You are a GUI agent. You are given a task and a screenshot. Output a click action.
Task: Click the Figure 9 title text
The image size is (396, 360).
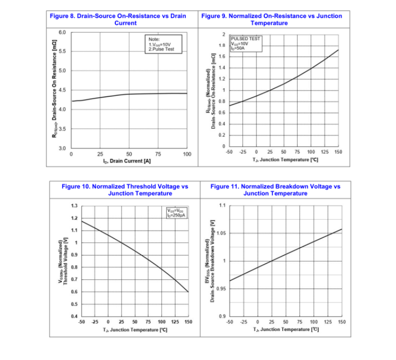[x=271, y=19]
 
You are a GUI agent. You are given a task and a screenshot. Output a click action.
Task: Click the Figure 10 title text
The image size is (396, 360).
[x=125, y=190]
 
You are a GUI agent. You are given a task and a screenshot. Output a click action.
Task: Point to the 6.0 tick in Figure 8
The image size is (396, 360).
[x=62, y=32]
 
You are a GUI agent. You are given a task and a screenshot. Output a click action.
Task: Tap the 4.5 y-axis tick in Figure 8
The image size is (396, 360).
[x=62, y=90]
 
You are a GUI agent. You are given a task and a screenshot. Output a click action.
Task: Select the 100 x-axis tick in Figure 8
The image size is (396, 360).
[x=187, y=154]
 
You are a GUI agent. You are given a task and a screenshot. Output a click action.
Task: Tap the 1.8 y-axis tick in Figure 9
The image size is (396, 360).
[x=221, y=46]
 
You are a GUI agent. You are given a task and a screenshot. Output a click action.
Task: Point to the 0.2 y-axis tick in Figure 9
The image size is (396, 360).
[x=221, y=135]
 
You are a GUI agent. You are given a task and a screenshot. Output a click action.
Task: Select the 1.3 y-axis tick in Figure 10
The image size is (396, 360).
[x=74, y=206]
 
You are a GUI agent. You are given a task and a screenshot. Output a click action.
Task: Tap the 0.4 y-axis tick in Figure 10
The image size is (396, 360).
[x=74, y=317]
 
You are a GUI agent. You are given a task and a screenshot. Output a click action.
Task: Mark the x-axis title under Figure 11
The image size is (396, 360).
[x=286, y=330]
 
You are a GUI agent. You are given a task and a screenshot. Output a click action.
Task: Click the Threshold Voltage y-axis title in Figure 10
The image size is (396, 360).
[x=63, y=262]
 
